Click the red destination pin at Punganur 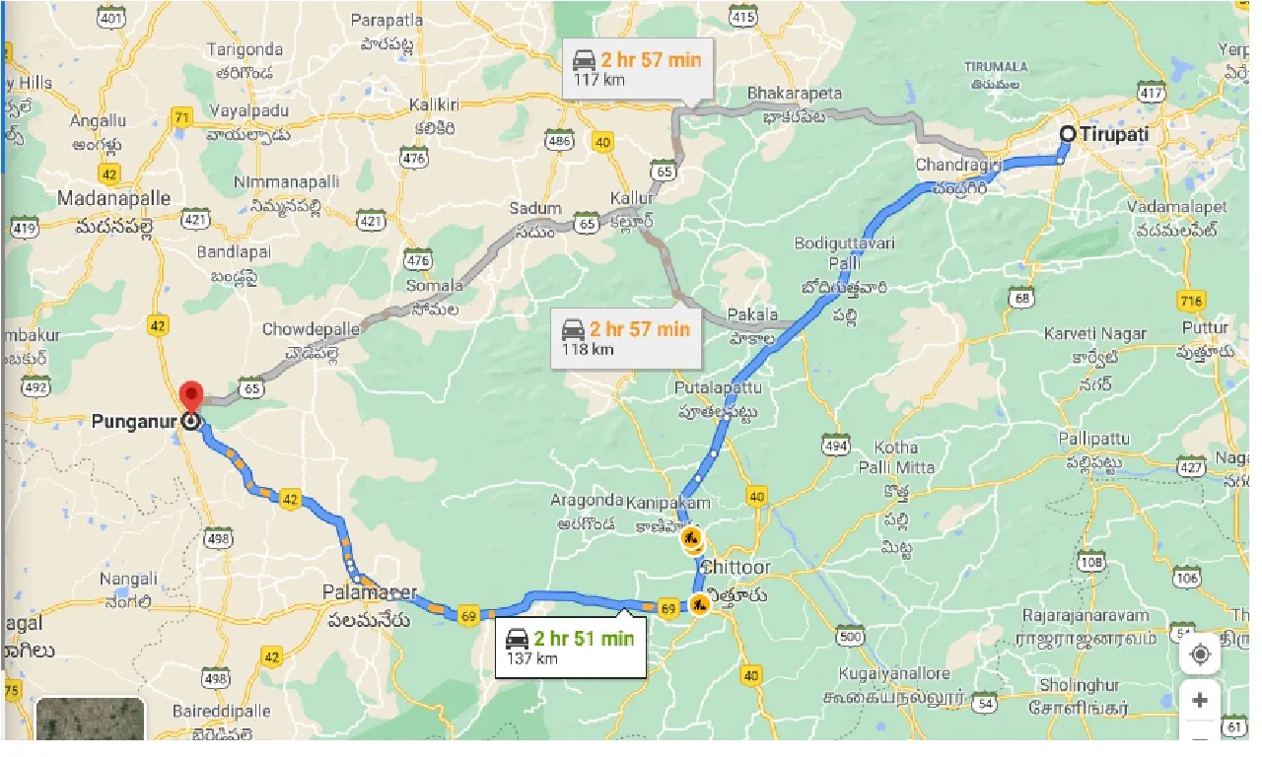[191, 396]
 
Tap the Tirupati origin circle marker [1068, 134]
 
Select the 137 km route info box [570, 647]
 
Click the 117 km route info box [637, 68]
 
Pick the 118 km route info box [624, 337]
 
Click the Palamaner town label [369, 593]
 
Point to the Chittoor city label [736, 569]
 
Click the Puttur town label [1206, 328]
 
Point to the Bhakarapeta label [795, 94]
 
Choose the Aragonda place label [588, 501]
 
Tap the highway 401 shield [111, 17]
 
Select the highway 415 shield [743, 17]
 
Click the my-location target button [1200, 654]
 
